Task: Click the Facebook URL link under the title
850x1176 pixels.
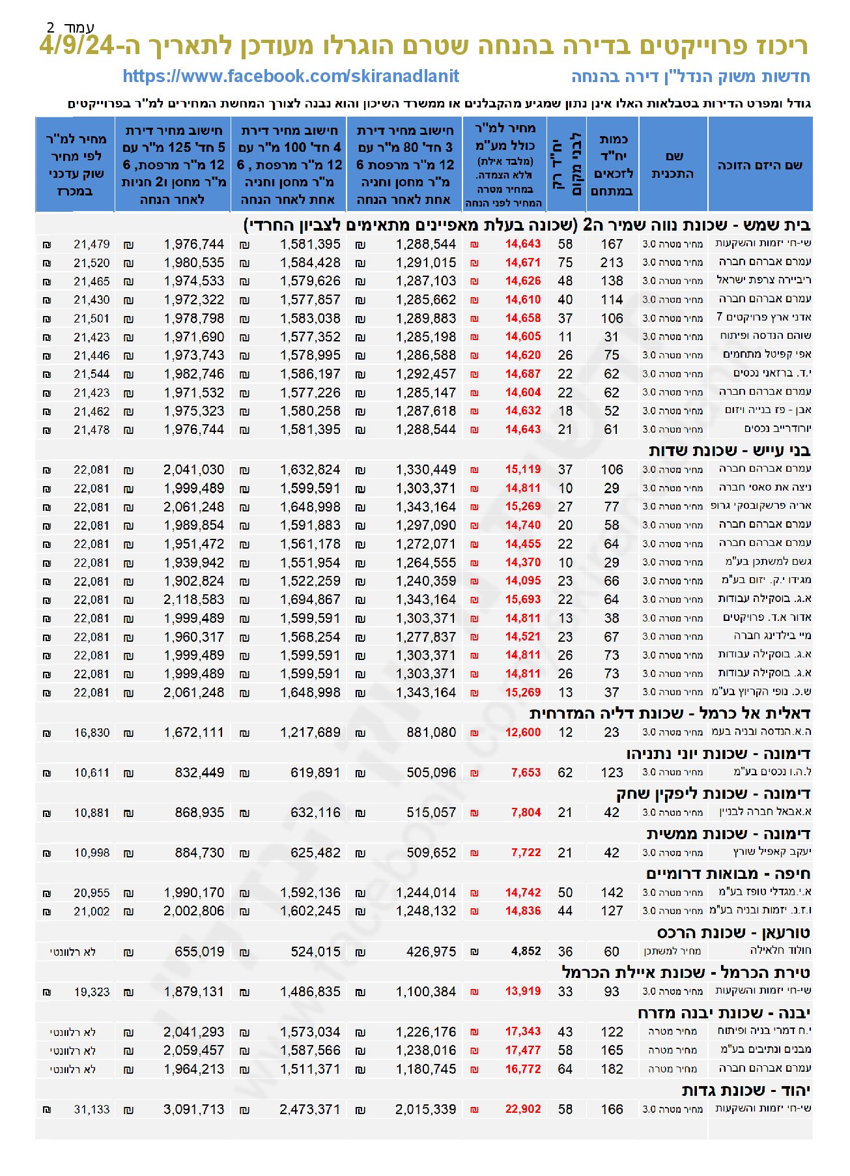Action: tap(290, 76)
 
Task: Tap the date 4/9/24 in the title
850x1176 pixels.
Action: tap(78, 46)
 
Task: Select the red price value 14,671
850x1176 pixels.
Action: tap(522, 263)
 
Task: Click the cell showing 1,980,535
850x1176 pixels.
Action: tap(193, 263)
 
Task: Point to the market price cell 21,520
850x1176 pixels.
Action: tap(91, 263)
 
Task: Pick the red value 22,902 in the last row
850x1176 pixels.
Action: tap(522, 1109)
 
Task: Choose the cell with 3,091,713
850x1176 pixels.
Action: tap(193, 1109)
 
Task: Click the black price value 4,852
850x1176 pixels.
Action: tap(526, 951)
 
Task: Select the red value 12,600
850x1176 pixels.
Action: tap(522, 732)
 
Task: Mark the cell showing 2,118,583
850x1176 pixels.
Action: tap(193, 599)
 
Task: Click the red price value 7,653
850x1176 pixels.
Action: tap(526, 773)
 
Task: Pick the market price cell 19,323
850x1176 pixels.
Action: tap(91, 992)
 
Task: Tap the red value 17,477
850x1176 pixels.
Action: tap(522, 1050)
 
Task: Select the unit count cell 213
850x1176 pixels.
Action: tap(612, 263)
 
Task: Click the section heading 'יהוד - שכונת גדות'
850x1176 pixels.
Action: tap(745, 1091)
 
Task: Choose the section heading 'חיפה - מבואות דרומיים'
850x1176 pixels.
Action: tap(728, 874)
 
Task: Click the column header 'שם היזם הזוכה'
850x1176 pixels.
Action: tap(759, 165)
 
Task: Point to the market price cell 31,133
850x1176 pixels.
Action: tap(91, 1109)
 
